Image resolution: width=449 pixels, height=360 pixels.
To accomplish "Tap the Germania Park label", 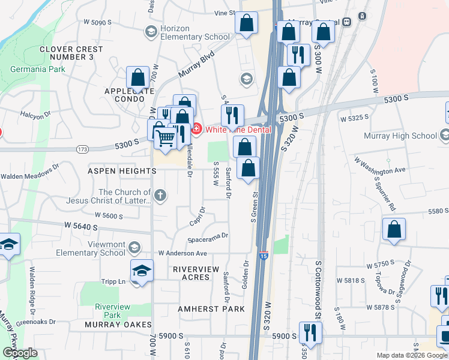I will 37,69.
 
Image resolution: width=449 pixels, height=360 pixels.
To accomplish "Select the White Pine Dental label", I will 238,129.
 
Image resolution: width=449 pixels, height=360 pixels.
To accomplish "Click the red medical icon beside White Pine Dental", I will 196,129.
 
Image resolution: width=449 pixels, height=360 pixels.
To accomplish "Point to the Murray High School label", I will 400,136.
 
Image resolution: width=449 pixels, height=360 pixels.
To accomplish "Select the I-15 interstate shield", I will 264,256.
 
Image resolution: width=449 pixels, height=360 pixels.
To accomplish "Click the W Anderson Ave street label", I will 182,254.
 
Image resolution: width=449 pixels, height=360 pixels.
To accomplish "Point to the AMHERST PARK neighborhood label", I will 211,309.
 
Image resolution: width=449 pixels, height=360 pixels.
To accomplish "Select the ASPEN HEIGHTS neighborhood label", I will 122,171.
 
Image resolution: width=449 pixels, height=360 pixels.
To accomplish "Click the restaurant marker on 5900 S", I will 310,332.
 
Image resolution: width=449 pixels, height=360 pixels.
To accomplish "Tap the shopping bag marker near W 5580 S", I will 394,229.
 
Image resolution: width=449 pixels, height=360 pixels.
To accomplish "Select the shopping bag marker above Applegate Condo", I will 138,77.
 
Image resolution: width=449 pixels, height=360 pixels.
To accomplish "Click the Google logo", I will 20,353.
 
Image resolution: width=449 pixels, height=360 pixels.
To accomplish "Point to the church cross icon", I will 160,194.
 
